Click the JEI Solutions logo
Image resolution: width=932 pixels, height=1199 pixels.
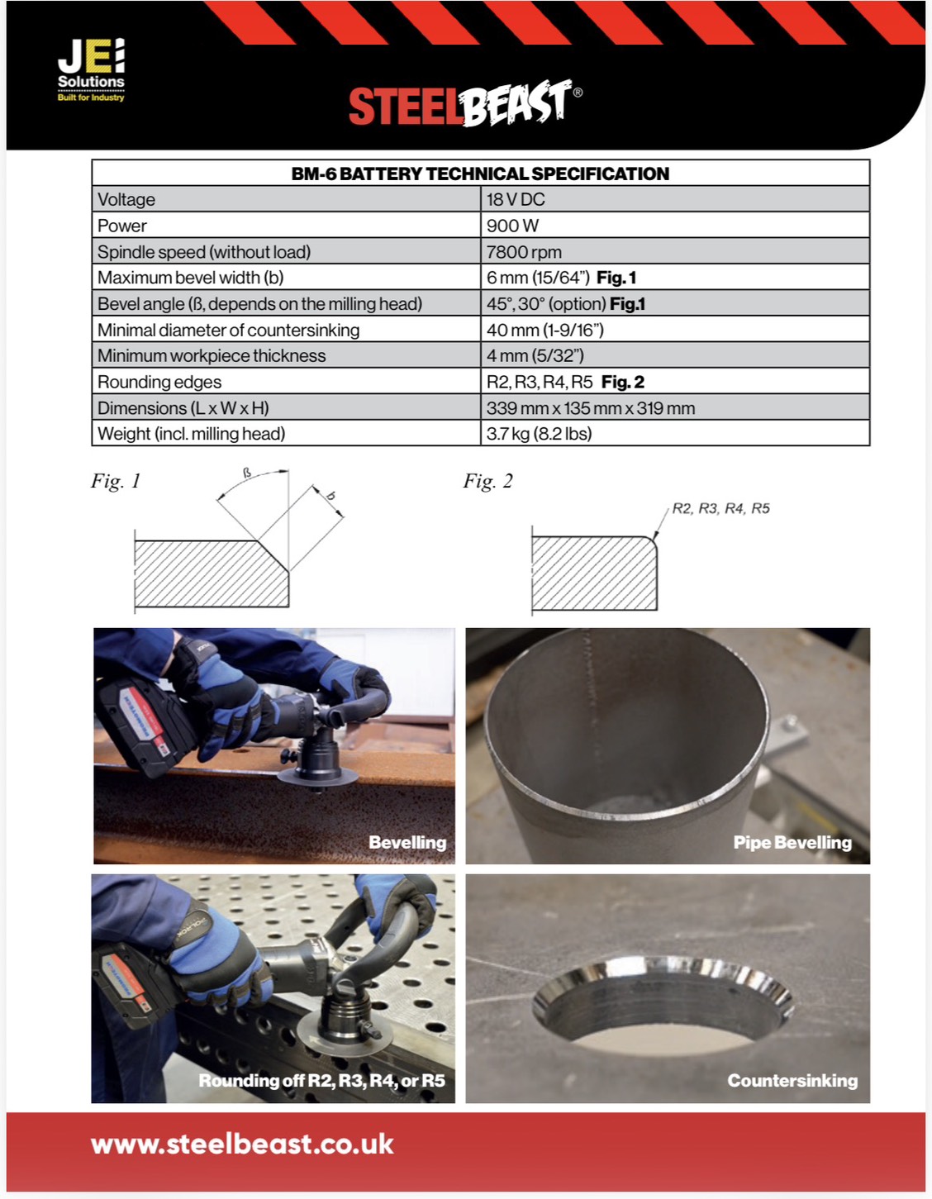click(x=91, y=69)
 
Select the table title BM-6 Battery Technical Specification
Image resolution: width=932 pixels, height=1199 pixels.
click(x=480, y=174)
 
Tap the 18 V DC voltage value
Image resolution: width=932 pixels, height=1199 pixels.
click(x=516, y=199)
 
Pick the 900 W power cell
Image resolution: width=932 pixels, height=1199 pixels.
click(x=512, y=226)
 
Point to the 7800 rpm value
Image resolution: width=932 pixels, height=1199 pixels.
click(x=524, y=252)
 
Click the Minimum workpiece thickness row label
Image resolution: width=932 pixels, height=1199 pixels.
click(x=212, y=356)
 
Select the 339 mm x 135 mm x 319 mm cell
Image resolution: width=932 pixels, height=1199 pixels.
click(x=591, y=408)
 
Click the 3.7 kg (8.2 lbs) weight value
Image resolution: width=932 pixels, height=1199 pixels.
click(x=539, y=434)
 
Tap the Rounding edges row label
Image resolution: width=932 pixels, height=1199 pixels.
click(x=159, y=382)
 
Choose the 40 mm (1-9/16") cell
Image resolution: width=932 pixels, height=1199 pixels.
click(x=544, y=330)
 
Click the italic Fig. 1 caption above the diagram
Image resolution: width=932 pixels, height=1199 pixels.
click(x=116, y=481)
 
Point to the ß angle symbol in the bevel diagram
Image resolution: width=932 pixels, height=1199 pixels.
click(x=247, y=473)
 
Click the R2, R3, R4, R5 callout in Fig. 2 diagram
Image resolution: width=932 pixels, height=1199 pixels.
click(x=720, y=508)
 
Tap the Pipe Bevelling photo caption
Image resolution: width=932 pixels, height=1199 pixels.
click(x=792, y=842)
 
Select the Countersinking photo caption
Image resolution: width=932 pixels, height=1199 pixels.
click(x=792, y=1080)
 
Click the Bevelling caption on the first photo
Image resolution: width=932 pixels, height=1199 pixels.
click(x=407, y=842)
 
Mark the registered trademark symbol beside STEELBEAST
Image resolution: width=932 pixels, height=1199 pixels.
click(x=578, y=93)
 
